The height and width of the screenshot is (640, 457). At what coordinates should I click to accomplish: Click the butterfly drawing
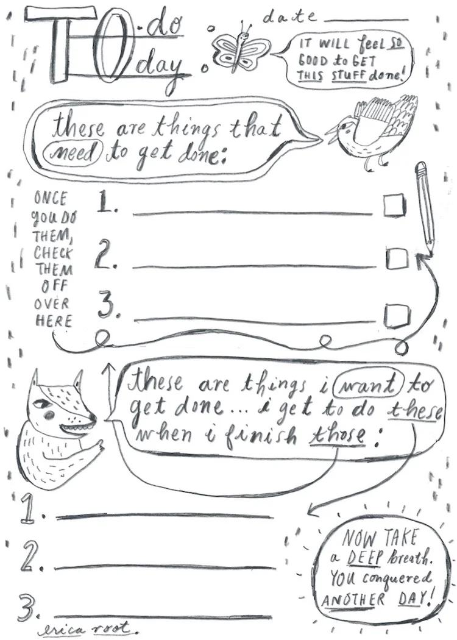241,50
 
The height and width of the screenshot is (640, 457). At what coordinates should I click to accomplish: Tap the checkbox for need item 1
395,205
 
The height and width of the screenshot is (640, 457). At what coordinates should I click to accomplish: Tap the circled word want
368,386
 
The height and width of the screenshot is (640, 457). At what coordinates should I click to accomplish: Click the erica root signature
88,629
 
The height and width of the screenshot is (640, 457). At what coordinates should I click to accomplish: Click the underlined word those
337,436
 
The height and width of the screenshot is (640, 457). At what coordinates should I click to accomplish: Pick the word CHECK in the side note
52,254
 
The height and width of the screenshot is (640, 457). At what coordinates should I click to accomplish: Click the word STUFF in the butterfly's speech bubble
348,75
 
